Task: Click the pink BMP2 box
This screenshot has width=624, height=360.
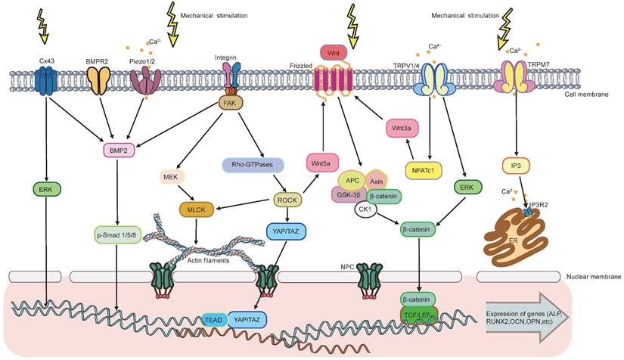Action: [x=120, y=150]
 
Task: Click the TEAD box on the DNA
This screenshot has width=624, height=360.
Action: [x=213, y=319]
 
